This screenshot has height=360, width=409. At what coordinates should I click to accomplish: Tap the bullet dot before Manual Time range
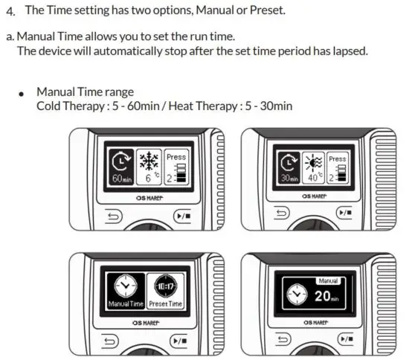click(x=22, y=94)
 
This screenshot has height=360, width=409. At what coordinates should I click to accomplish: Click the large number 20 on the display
click(x=321, y=296)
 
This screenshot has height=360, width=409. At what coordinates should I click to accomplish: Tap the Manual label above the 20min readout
click(x=328, y=280)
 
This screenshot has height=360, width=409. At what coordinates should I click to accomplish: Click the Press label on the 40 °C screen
click(x=337, y=158)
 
